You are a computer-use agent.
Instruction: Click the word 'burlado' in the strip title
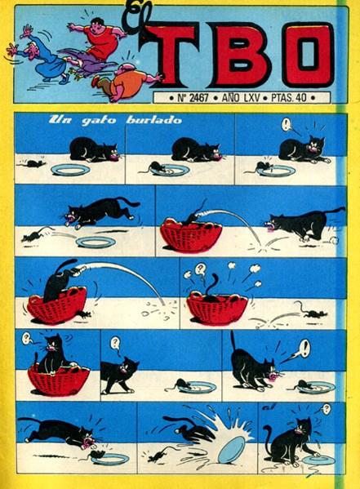click(x=153, y=120)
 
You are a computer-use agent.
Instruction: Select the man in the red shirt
click(x=98, y=38)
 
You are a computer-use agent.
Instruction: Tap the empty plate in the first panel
click(x=70, y=170)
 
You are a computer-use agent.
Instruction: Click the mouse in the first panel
click(x=31, y=163)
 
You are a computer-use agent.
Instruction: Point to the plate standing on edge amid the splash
click(x=232, y=450)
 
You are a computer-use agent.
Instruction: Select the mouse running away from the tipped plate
click(x=160, y=456)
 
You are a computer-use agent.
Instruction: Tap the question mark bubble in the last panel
click(x=327, y=408)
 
